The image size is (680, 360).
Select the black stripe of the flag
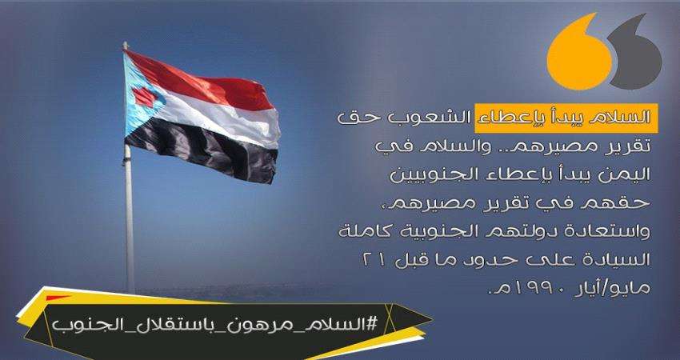click(202, 152)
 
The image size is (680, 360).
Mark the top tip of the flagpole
click(125, 43)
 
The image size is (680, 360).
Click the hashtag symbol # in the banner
click(371, 326)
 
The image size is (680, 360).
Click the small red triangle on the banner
click(58, 298)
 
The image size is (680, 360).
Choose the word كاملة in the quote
click(362, 231)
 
